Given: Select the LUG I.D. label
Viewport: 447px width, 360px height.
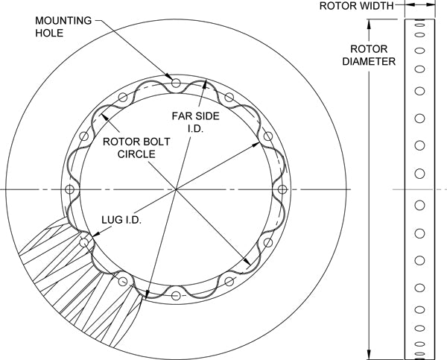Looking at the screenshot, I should pyautogui.click(x=122, y=221).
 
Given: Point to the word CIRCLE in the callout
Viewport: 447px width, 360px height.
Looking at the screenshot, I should pyautogui.click(x=135, y=154).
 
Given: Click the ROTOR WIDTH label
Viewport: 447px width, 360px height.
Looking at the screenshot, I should pyautogui.click(x=356, y=5).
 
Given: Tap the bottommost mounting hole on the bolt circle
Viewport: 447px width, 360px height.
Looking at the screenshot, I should pyautogui.click(x=176, y=296).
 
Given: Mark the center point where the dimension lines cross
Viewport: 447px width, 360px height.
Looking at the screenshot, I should pyautogui.click(x=176, y=189).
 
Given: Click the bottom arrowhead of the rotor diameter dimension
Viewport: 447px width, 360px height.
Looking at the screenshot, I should pyautogui.click(x=370, y=353).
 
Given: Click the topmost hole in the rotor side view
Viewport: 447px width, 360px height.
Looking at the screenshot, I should pyautogui.click(x=419, y=25).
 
